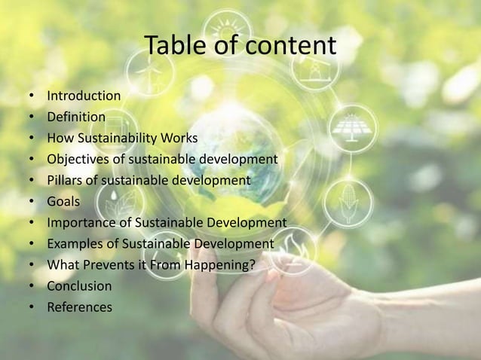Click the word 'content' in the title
[x=293, y=47]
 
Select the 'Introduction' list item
[x=84, y=96]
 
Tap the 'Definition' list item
[x=76, y=117]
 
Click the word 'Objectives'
[x=78, y=160]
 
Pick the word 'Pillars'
[x=66, y=181]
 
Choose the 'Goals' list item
[x=63, y=202]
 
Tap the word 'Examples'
[x=74, y=244]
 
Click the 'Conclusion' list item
[x=79, y=286]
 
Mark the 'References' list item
[x=79, y=307]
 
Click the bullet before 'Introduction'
[x=32, y=96]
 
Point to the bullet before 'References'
[x=32, y=308]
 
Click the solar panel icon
[x=351, y=127]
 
